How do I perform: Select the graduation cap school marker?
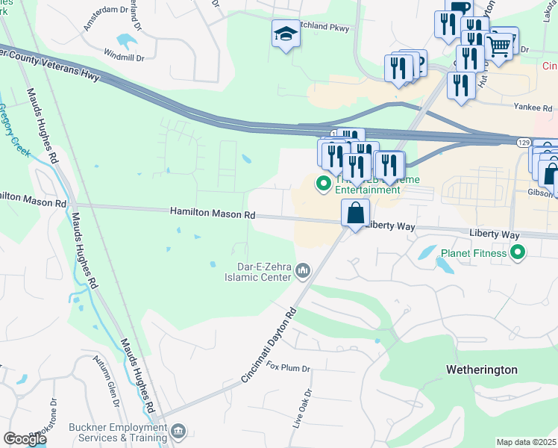coord(286,34)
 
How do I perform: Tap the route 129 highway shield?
coord(523,140)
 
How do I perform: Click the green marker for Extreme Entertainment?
coord(324,183)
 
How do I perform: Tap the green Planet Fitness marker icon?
coord(515,253)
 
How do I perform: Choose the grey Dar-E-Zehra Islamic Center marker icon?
coord(303,270)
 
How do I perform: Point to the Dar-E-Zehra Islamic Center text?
coord(254,270)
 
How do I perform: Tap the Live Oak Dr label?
coord(305,408)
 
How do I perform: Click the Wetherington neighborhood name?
coord(481,370)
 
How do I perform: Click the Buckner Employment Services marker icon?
coord(178,431)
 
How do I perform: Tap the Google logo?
coord(25,439)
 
